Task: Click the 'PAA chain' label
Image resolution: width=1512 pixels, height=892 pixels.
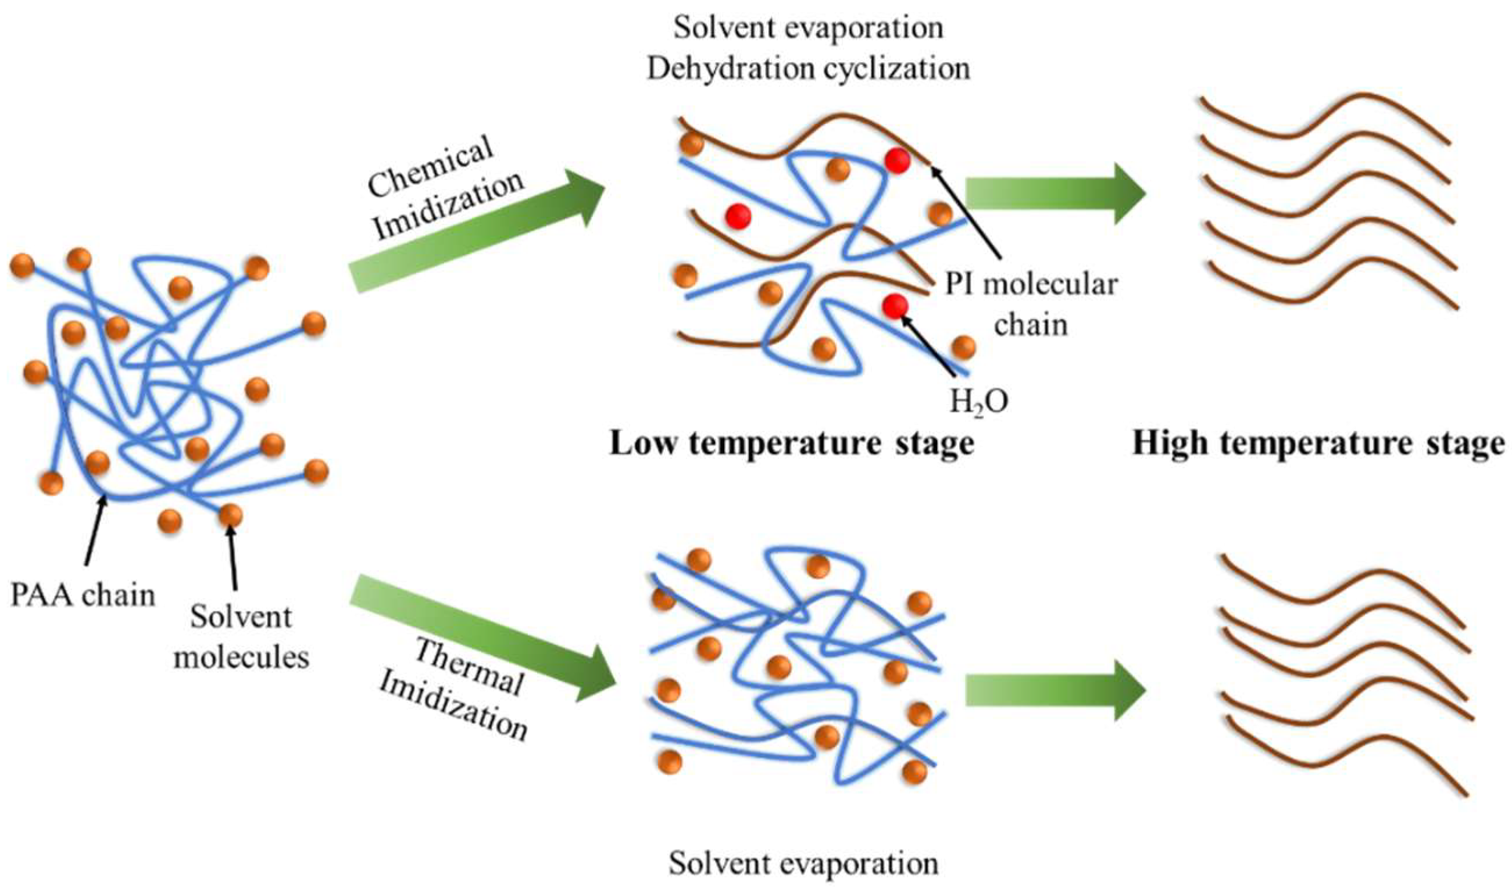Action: pyautogui.click(x=83, y=596)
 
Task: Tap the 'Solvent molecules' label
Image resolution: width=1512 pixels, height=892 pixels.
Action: pyautogui.click(x=241, y=637)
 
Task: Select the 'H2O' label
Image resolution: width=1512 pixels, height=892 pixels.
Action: pyautogui.click(x=978, y=402)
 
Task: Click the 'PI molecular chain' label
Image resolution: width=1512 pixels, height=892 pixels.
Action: pyautogui.click(x=1031, y=304)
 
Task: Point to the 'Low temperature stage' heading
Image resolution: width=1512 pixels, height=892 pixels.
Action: pyautogui.click(x=791, y=445)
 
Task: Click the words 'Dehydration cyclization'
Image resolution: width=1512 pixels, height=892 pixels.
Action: pyautogui.click(x=808, y=69)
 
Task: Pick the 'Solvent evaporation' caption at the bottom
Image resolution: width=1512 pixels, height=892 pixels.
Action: pyautogui.click(x=803, y=864)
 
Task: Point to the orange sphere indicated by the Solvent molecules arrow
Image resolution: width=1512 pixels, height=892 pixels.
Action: pyautogui.click(x=230, y=515)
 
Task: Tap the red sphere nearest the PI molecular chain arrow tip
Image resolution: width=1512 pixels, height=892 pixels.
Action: pyautogui.click(x=897, y=161)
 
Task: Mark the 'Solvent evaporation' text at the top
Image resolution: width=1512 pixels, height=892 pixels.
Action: pyautogui.click(x=808, y=28)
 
